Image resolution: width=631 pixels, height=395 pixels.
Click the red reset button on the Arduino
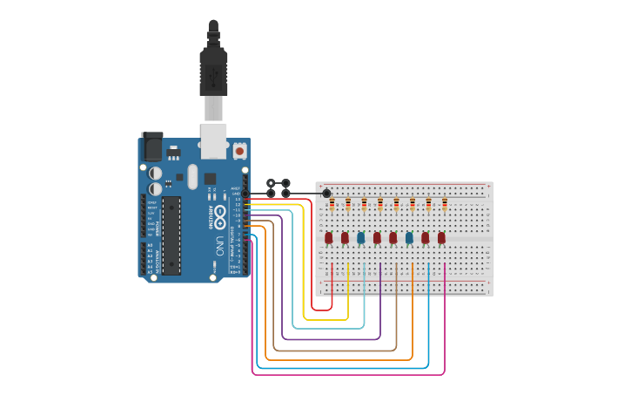click(x=239, y=151)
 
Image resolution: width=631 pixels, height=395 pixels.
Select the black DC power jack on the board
click(x=152, y=145)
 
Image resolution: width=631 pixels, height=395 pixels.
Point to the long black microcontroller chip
click(x=171, y=235)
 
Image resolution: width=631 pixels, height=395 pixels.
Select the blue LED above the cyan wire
click(x=361, y=237)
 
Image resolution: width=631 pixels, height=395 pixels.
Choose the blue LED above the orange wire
click(x=409, y=237)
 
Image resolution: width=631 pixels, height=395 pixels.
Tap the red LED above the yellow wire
click(x=345, y=237)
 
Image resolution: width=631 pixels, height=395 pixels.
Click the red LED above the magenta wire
click(x=442, y=237)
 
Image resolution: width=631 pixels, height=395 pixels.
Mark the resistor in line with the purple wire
click(x=380, y=206)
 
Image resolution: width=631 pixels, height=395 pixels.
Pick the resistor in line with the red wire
click(x=332, y=206)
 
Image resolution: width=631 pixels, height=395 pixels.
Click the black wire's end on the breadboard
click(x=326, y=193)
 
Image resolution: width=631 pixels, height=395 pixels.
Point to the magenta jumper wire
click(x=348, y=375)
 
